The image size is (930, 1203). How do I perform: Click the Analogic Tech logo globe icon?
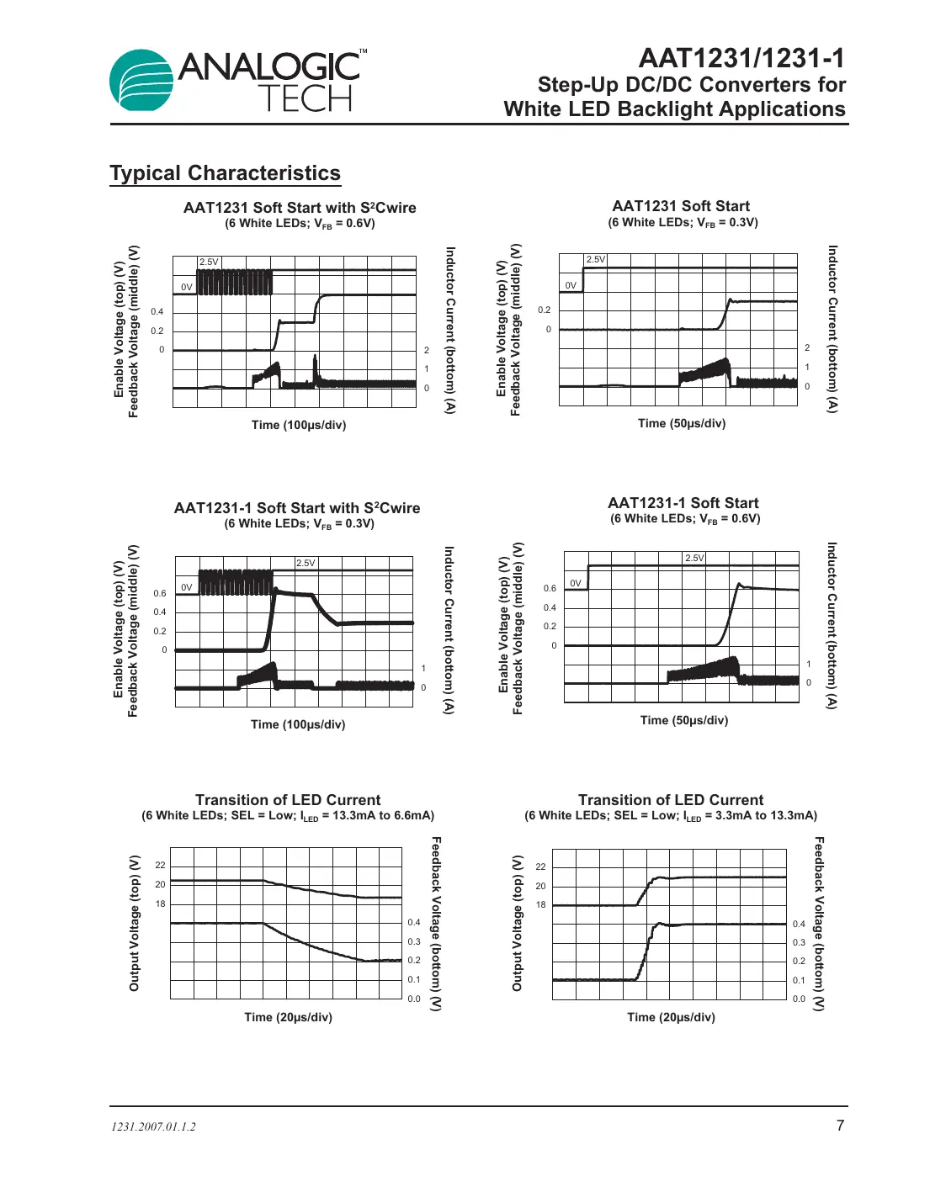point(141,81)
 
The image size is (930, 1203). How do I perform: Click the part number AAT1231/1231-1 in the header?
point(741,58)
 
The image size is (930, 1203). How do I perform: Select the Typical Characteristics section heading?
point(225,173)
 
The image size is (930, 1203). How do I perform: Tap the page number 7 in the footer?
point(839,1126)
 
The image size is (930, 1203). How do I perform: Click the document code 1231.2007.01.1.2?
point(153,1126)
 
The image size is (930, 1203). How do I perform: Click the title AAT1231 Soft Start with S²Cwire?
point(300,208)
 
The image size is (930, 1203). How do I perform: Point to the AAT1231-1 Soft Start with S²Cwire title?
point(297,508)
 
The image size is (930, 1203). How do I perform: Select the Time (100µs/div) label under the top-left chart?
point(299,425)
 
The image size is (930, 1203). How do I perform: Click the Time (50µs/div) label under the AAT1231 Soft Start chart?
point(681,423)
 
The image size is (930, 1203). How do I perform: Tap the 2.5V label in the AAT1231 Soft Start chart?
point(596,259)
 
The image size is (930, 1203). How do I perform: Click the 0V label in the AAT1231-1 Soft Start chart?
point(576,583)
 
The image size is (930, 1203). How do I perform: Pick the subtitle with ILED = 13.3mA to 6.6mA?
point(288,816)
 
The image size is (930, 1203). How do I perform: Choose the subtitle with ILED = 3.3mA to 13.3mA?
point(671,816)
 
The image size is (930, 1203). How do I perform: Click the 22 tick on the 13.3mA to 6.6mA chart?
point(160,865)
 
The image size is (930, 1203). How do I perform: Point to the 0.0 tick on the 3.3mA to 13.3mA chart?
point(799,999)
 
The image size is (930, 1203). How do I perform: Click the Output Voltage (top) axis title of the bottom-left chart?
point(135,923)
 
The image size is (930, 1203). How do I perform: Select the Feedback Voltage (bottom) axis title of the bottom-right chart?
point(820,923)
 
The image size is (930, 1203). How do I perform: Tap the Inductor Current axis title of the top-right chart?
point(832,329)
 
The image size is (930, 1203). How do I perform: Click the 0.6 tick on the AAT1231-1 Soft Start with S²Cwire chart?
point(160,593)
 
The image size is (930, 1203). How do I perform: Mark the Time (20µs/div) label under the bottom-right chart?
point(671,1017)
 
